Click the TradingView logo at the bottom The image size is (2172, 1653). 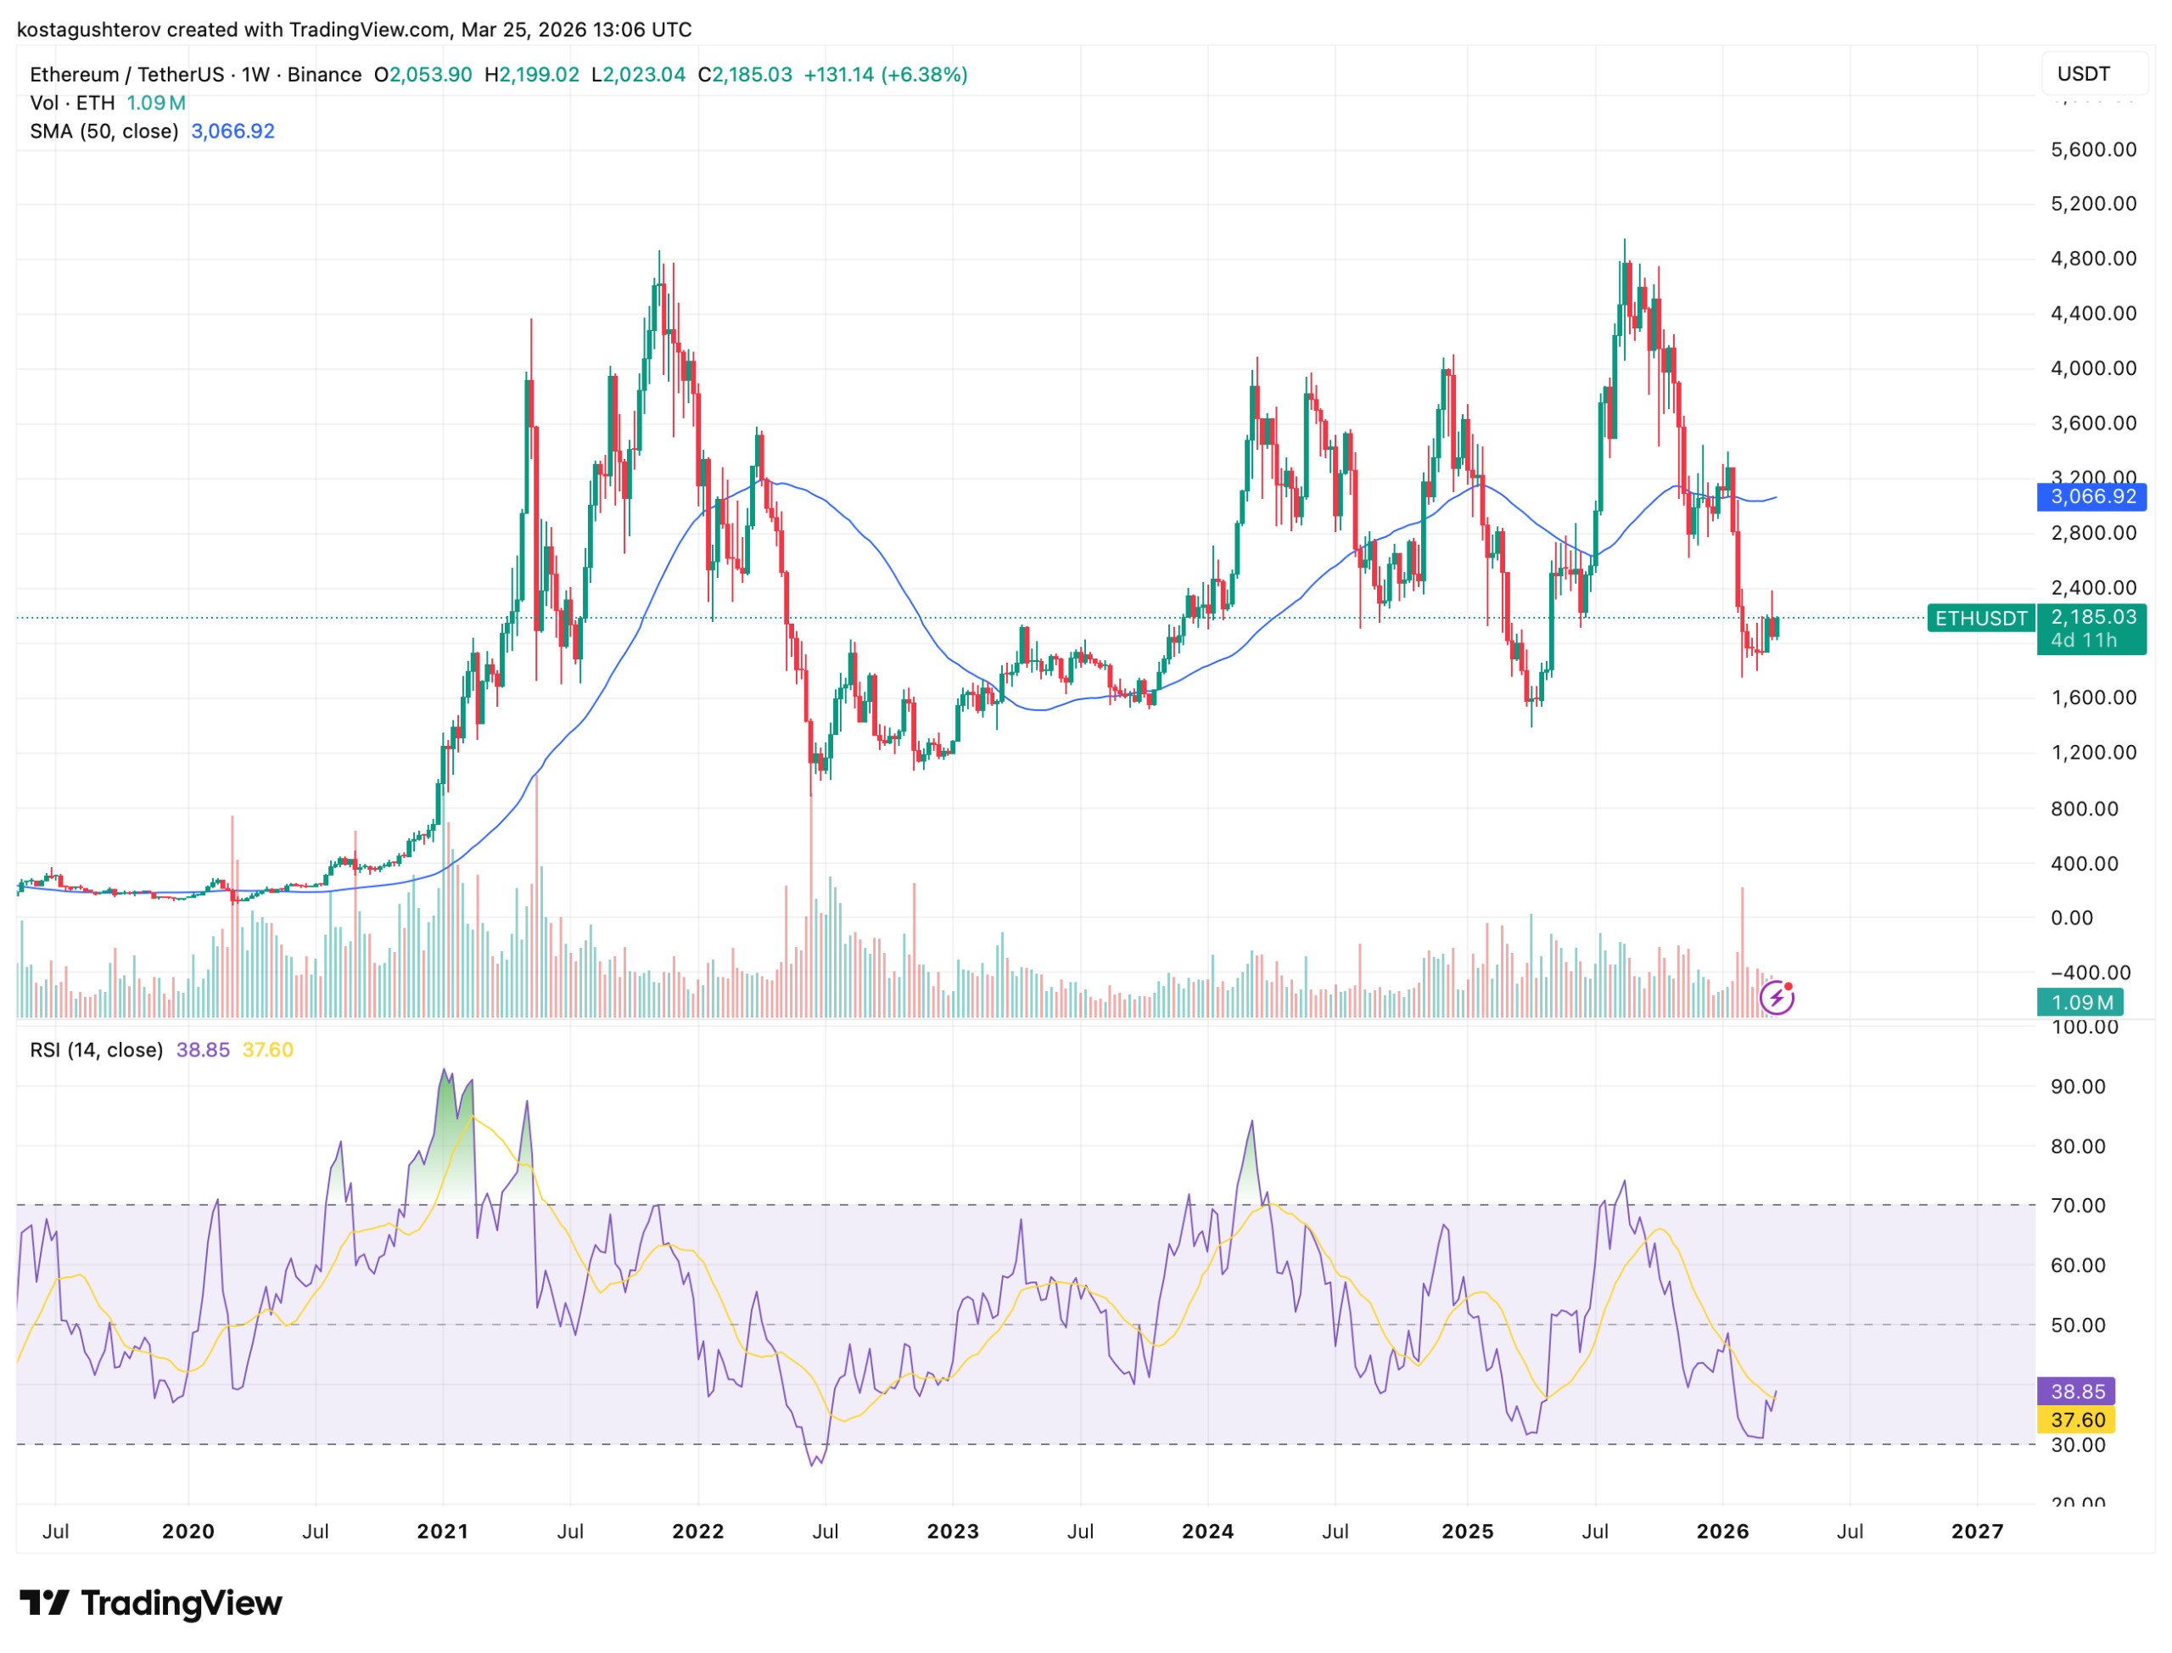150,1603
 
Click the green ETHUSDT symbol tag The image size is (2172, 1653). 1979,618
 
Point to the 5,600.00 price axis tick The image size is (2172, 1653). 2091,149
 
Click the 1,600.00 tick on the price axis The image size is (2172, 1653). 2091,698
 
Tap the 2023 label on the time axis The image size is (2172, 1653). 952,1531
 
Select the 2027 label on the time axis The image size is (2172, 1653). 1975,1531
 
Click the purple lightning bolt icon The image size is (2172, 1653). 1776,999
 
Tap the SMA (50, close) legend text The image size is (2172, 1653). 104,132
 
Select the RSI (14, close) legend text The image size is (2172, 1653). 97,1050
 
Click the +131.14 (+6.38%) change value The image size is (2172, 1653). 884,75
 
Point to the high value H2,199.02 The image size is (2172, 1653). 531,75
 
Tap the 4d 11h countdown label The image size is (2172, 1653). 2082,641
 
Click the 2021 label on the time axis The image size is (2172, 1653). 442,1531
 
